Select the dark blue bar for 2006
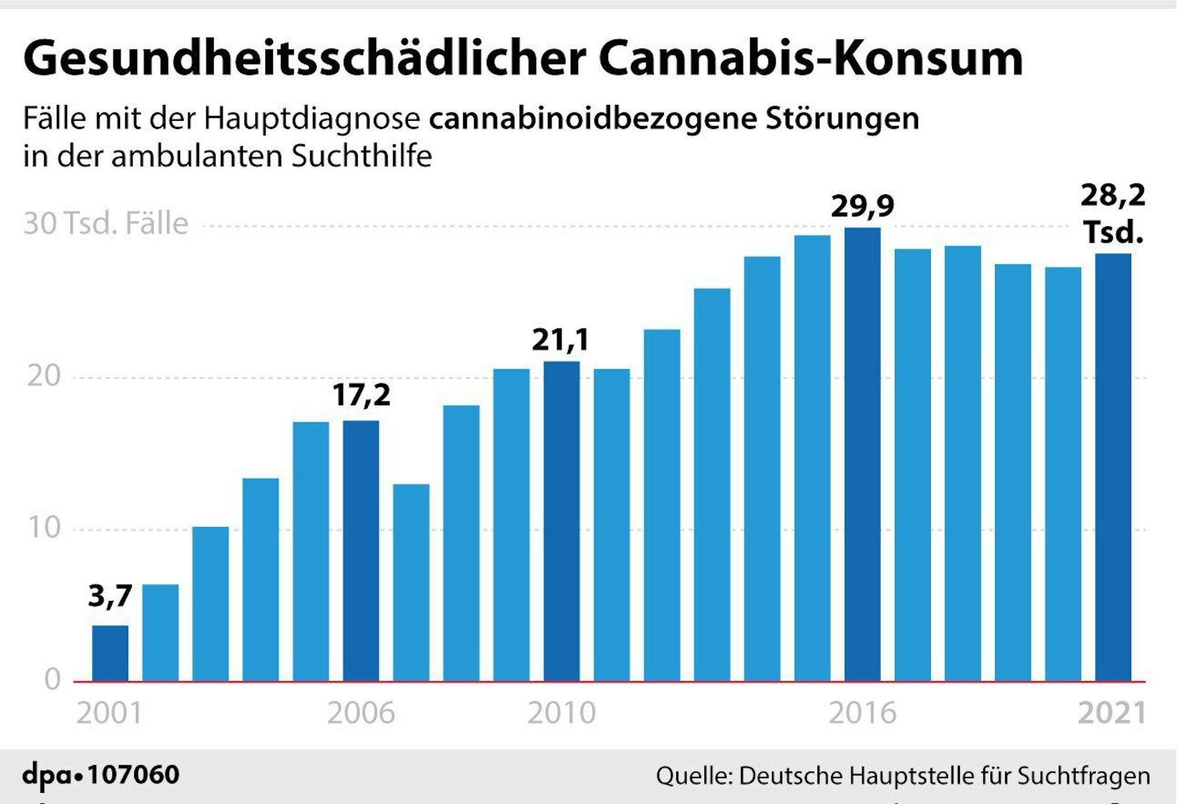pyautogui.click(x=361, y=551)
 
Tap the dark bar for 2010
pyautogui.click(x=561, y=521)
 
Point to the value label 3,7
pyautogui.click(x=110, y=596)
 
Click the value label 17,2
pyautogui.click(x=361, y=395)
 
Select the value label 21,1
pyautogui.click(x=560, y=340)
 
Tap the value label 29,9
pyautogui.click(x=862, y=206)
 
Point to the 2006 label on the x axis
pyautogui.click(x=361, y=713)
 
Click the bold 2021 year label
pyautogui.click(x=1112, y=713)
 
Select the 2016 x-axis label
pyautogui.click(x=862, y=713)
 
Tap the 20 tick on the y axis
pyautogui.click(x=44, y=376)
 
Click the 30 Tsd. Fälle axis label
pyautogui.click(x=106, y=224)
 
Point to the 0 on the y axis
pyautogui.click(x=53, y=680)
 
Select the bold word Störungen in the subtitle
pyautogui.click(x=842, y=119)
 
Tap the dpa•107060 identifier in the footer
pyautogui.click(x=101, y=775)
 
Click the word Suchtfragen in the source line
pyautogui.click(x=1083, y=776)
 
